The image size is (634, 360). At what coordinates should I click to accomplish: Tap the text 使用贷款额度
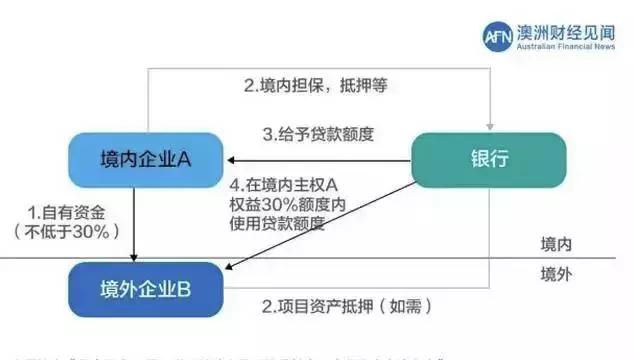pos(279,222)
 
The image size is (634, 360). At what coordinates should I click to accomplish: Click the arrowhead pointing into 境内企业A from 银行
pos(230,159)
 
